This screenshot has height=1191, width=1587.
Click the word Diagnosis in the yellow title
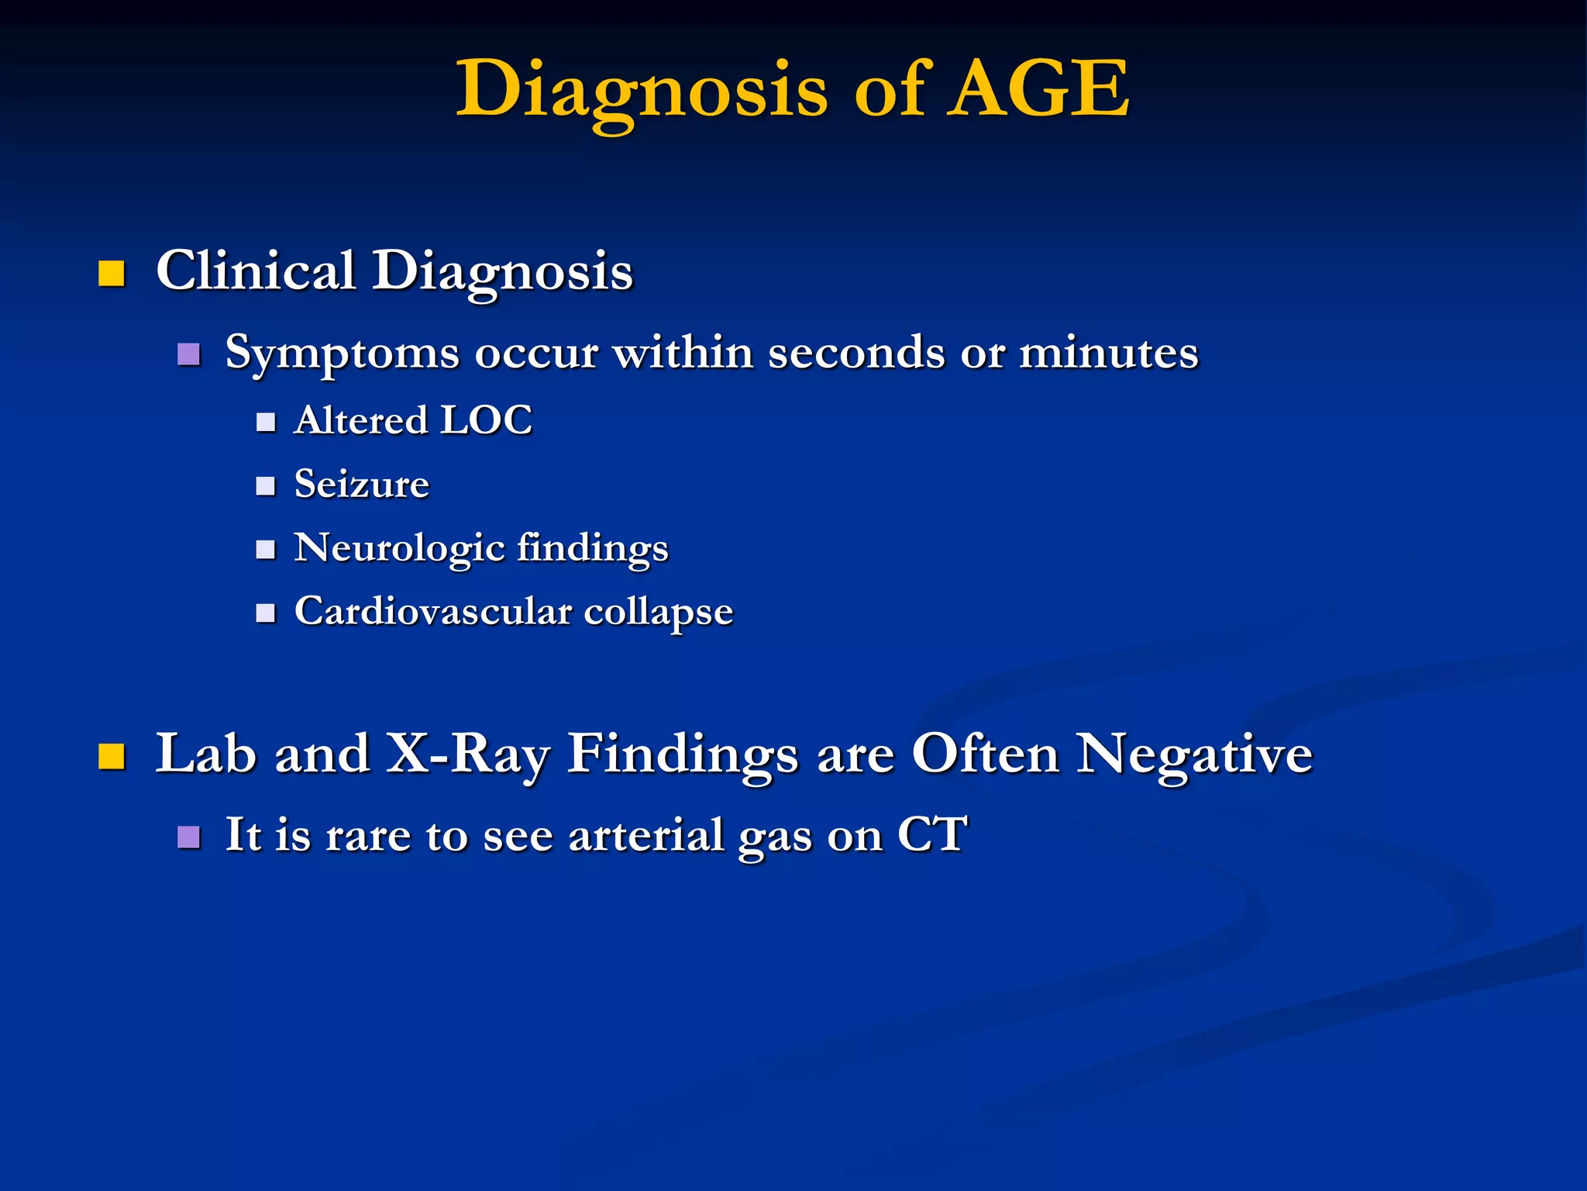point(642,91)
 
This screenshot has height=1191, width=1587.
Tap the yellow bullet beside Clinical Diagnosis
point(112,274)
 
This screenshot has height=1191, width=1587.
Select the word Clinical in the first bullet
point(256,271)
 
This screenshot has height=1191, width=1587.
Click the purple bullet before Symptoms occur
point(189,354)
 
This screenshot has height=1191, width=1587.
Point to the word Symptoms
point(342,354)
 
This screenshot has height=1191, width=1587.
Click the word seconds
point(855,353)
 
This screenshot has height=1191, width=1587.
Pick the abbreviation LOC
point(486,420)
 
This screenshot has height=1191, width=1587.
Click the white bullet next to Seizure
point(266,486)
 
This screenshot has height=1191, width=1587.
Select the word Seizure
point(361,485)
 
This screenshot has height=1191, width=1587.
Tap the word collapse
point(658,613)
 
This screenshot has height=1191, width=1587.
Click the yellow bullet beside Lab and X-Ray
point(112,755)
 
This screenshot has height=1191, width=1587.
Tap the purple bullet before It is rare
point(189,837)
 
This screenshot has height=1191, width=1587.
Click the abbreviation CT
point(932,834)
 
